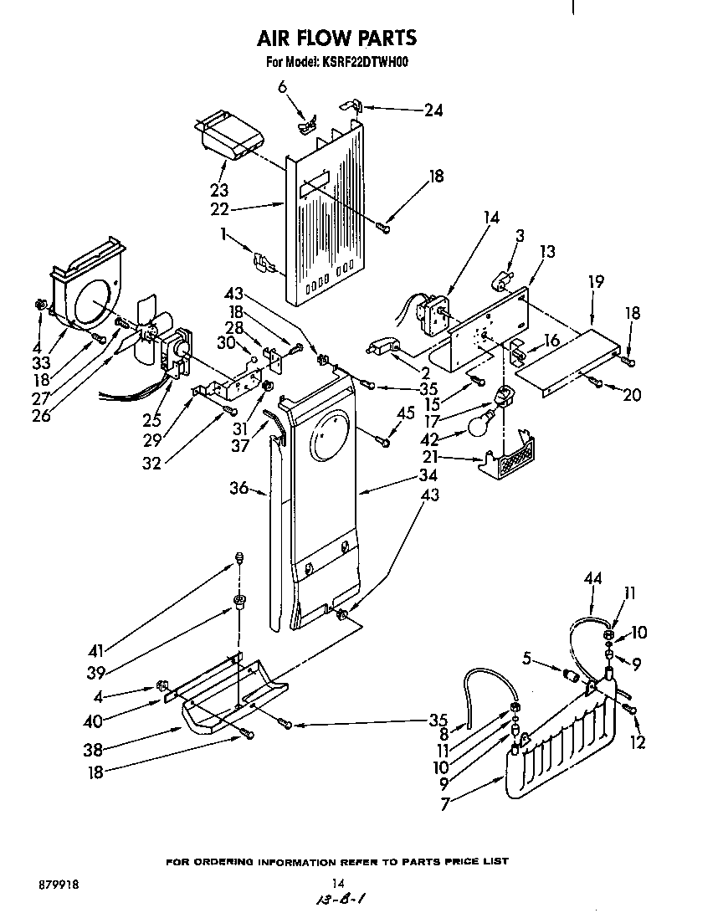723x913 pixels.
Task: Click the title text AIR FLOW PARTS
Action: point(336,38)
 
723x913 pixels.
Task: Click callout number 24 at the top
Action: point(433,109)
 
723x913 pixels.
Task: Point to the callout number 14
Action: point(490,218)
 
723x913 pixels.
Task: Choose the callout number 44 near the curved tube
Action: point(593,578)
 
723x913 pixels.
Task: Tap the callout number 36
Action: point(238,488)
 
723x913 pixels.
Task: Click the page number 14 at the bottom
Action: point(338,882)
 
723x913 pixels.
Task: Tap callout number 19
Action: point(595,283)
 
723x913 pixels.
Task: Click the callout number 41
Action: point(98,648)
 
